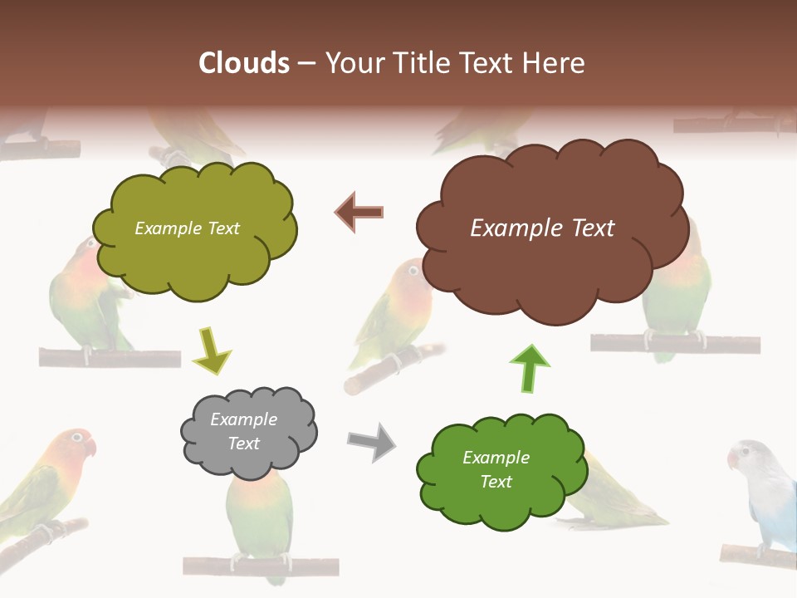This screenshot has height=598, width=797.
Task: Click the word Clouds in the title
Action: (x=244, y=63)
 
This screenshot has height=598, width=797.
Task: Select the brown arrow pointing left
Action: (x=359, y=212)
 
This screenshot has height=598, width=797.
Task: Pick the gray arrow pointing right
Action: (x=371, y=441)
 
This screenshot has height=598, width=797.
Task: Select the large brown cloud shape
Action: (x=548, y=228)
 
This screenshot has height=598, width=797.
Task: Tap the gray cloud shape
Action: (x=248, y=432)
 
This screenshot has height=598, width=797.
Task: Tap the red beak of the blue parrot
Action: (x=732, y=459)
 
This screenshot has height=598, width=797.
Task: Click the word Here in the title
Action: (x=558, y=63)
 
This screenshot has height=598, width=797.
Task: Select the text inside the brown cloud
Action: (x=542, y=228)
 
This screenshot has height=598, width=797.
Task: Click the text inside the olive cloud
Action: (x=187, y=228)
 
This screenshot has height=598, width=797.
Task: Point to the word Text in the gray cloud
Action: (x=243, y=444)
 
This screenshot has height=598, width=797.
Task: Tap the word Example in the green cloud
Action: (x=496, y=458)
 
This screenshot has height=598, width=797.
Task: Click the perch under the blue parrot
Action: (x=755, y=553)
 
